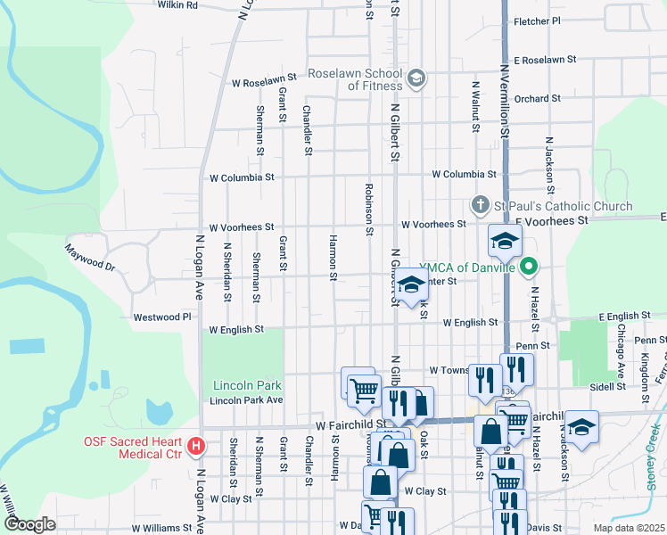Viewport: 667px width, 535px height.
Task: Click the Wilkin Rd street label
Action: tap(177, 5)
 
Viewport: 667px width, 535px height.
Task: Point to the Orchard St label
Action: tap(537, 98)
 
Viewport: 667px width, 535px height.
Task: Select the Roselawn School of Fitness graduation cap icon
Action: tap(415, 80)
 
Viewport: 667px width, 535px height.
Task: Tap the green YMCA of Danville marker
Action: tap(530, 267)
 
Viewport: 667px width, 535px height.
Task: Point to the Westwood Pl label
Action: tap(162, 317)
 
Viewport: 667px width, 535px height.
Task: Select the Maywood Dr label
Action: tap(91, 255)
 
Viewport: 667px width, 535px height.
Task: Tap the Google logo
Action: tap(29, 524)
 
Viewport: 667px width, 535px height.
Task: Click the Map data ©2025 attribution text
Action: tap(628, 528)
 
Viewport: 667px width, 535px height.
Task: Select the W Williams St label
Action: tap(161, 528)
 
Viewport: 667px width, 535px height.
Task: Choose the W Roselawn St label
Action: tap(263, 83)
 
